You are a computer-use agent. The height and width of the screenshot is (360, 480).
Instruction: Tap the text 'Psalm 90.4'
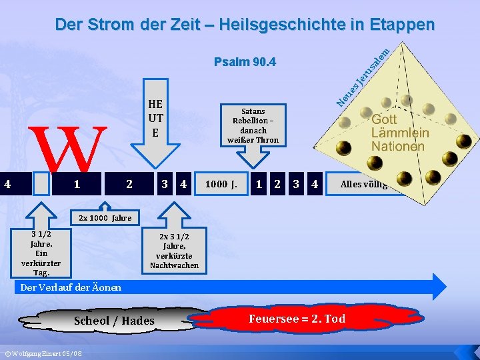pos(245,63)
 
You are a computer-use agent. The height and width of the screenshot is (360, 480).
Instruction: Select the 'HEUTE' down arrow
pos(155,127)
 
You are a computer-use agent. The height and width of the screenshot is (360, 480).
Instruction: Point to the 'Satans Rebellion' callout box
pos(253,125)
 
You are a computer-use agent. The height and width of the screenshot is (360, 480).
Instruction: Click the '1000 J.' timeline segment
pos(221,183)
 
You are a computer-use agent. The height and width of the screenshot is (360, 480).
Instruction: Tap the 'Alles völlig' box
pos(363,183)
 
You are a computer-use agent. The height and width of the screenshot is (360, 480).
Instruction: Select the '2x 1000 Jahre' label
pos(105,218)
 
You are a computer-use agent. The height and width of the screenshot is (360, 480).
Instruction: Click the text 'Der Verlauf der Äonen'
pos(71,287)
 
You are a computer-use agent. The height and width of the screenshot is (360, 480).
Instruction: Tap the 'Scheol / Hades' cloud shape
pos(114,321)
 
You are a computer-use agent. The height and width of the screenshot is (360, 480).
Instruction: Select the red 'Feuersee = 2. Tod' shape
pos(297,319)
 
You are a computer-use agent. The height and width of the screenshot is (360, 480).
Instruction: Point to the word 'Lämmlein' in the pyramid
pos(400,133)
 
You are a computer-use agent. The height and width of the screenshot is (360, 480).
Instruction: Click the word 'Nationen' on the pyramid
pos(397,146)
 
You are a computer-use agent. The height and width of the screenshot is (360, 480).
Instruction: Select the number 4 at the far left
pos(7,183)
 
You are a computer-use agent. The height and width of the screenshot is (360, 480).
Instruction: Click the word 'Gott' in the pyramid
pos(385,119)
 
